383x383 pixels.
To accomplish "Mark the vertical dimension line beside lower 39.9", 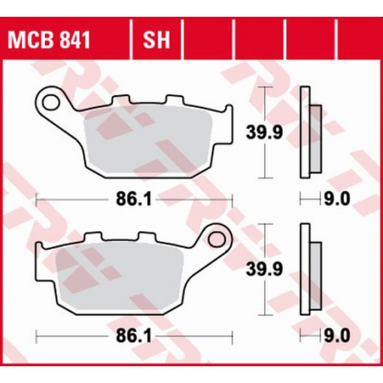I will coord(266,272).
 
